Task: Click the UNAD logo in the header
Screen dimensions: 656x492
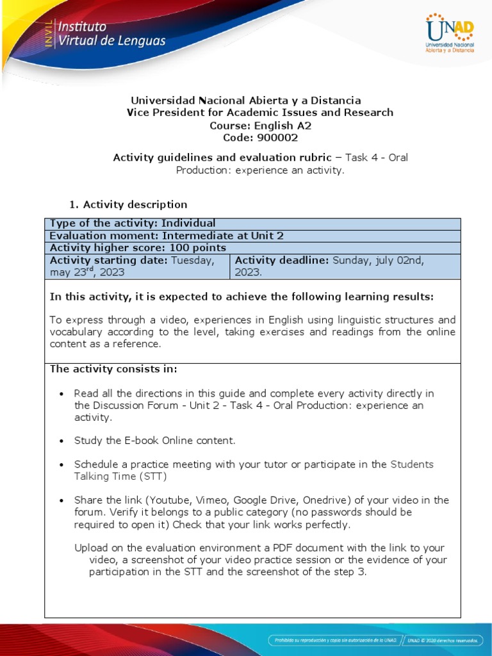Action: click(449, 34)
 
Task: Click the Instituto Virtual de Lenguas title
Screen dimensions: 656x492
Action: click(112, 35)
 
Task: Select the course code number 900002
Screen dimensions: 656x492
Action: click(277, 137)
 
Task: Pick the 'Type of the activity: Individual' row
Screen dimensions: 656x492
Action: click(133, 223)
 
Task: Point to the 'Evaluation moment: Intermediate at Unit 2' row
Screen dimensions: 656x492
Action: click(167, 235)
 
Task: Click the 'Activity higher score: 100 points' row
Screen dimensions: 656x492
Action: click(138, 247)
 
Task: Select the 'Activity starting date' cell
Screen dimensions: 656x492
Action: click(136, 266)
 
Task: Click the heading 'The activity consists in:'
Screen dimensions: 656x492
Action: click(113, 369)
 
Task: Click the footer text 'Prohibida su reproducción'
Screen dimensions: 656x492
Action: click(307, 639)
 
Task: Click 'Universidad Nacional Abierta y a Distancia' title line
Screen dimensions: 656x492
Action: click(246, 101)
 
